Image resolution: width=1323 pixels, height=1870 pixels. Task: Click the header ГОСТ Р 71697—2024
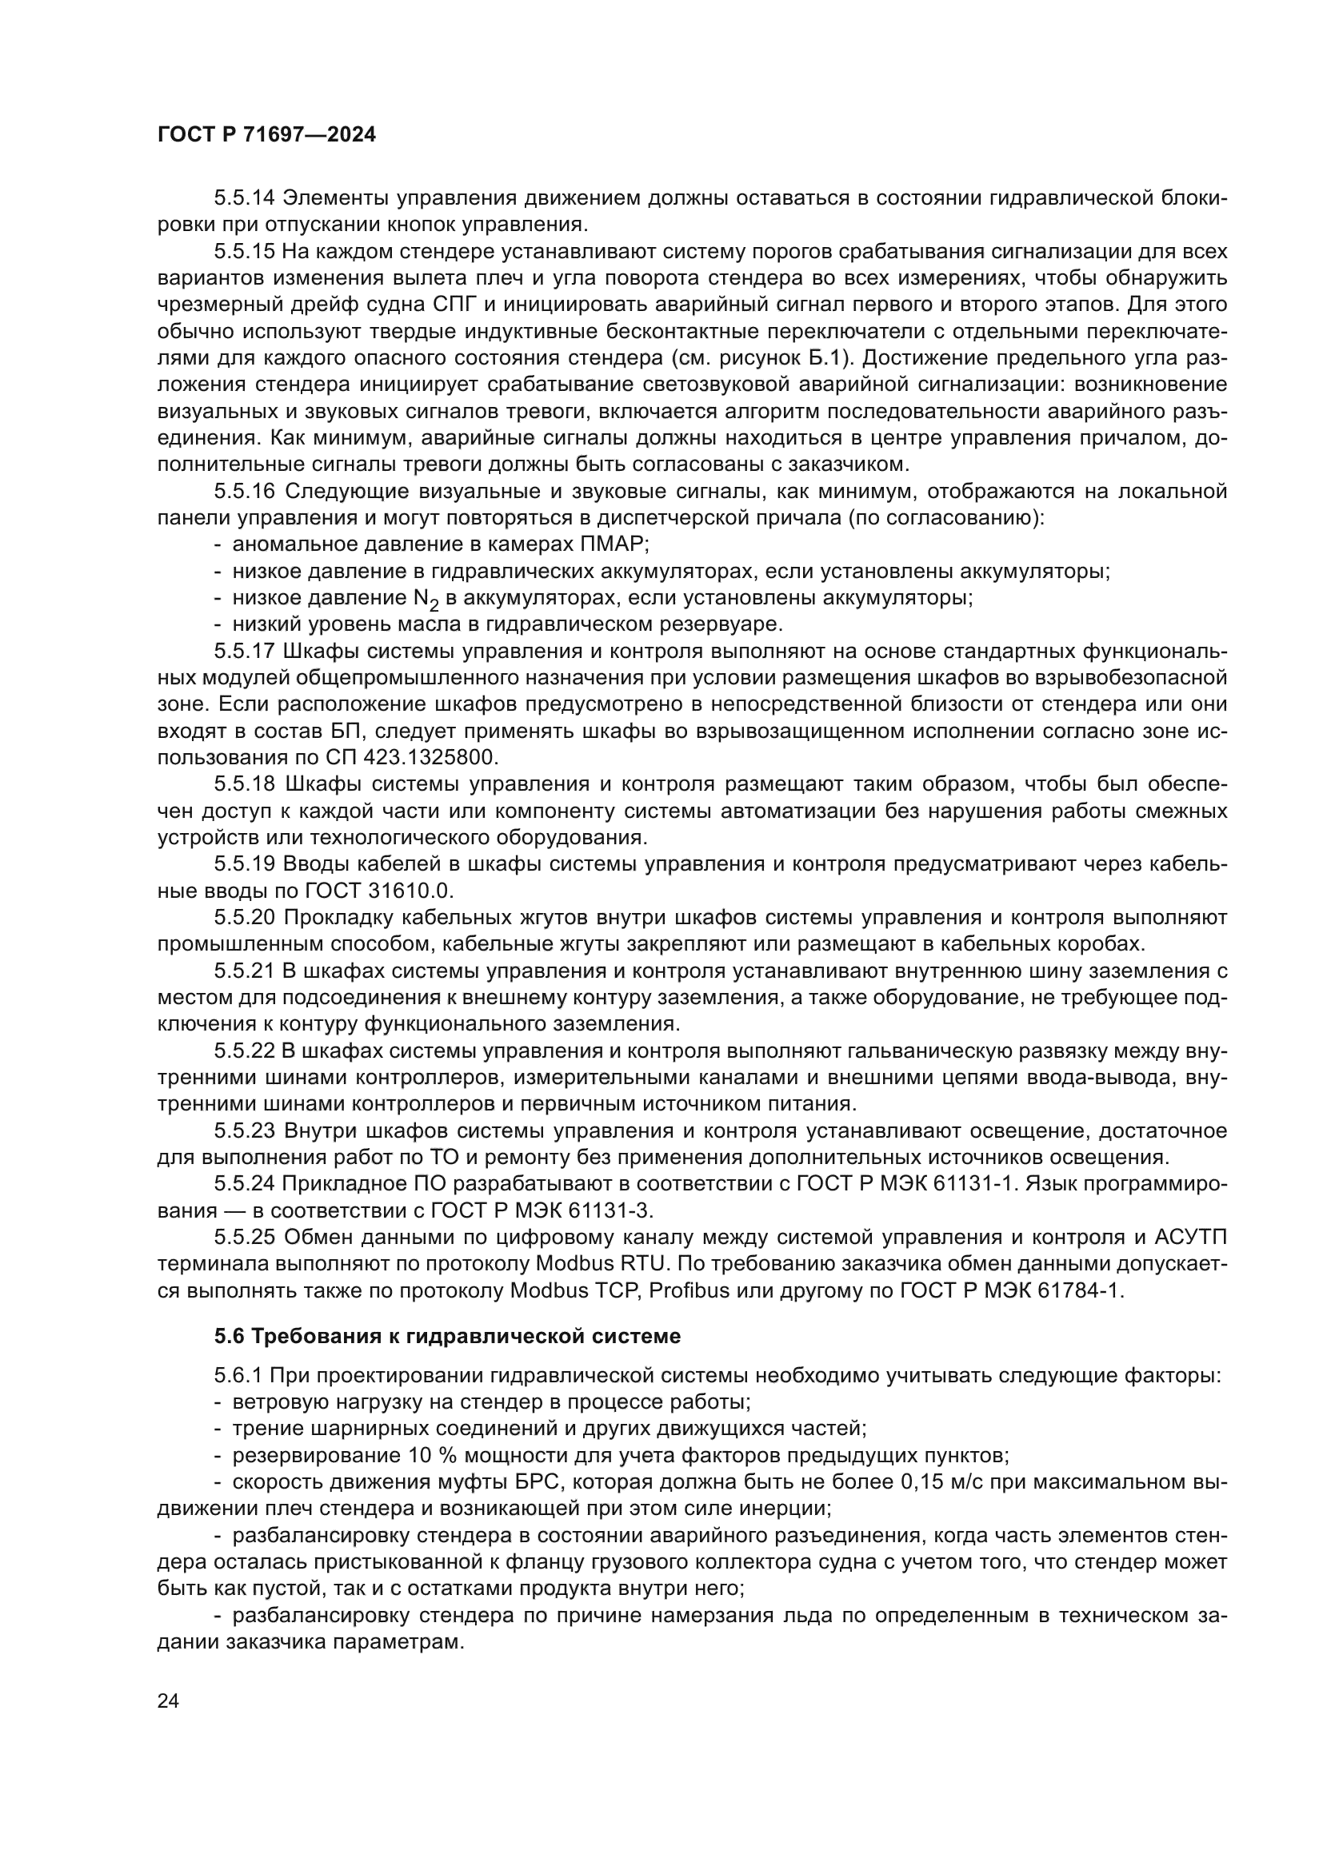[x=266, y=135]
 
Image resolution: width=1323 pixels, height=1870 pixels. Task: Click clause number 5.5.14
[x=245, y=198]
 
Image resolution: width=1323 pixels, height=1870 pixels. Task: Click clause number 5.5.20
[x=245, y=918]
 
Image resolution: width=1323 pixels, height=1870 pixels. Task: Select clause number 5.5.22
[x=245, y=1051]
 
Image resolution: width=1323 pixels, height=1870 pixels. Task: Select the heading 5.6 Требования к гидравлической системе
[x=447, y=1337]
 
